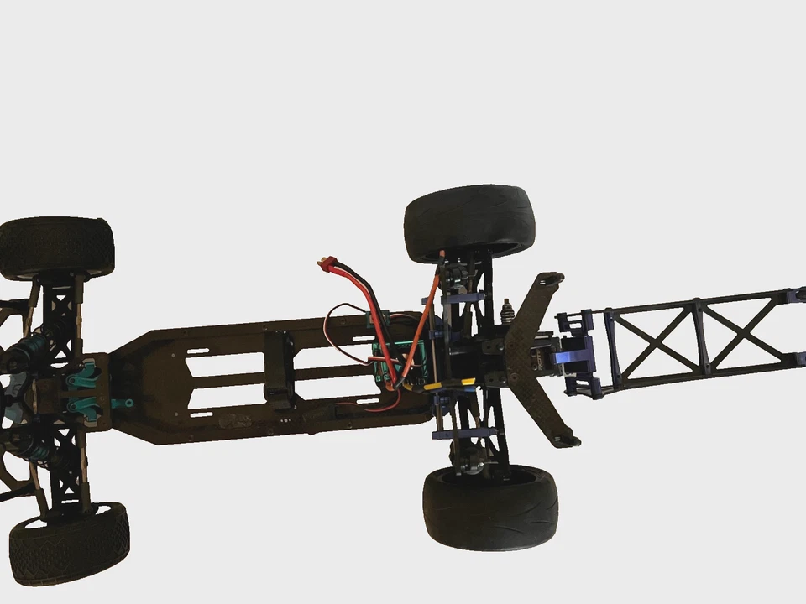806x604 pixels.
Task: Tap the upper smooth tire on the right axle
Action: tap(469, 220)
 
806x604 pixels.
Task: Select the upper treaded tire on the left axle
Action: tap(55, 247)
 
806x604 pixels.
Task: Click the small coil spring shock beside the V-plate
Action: tap(506, 311)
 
